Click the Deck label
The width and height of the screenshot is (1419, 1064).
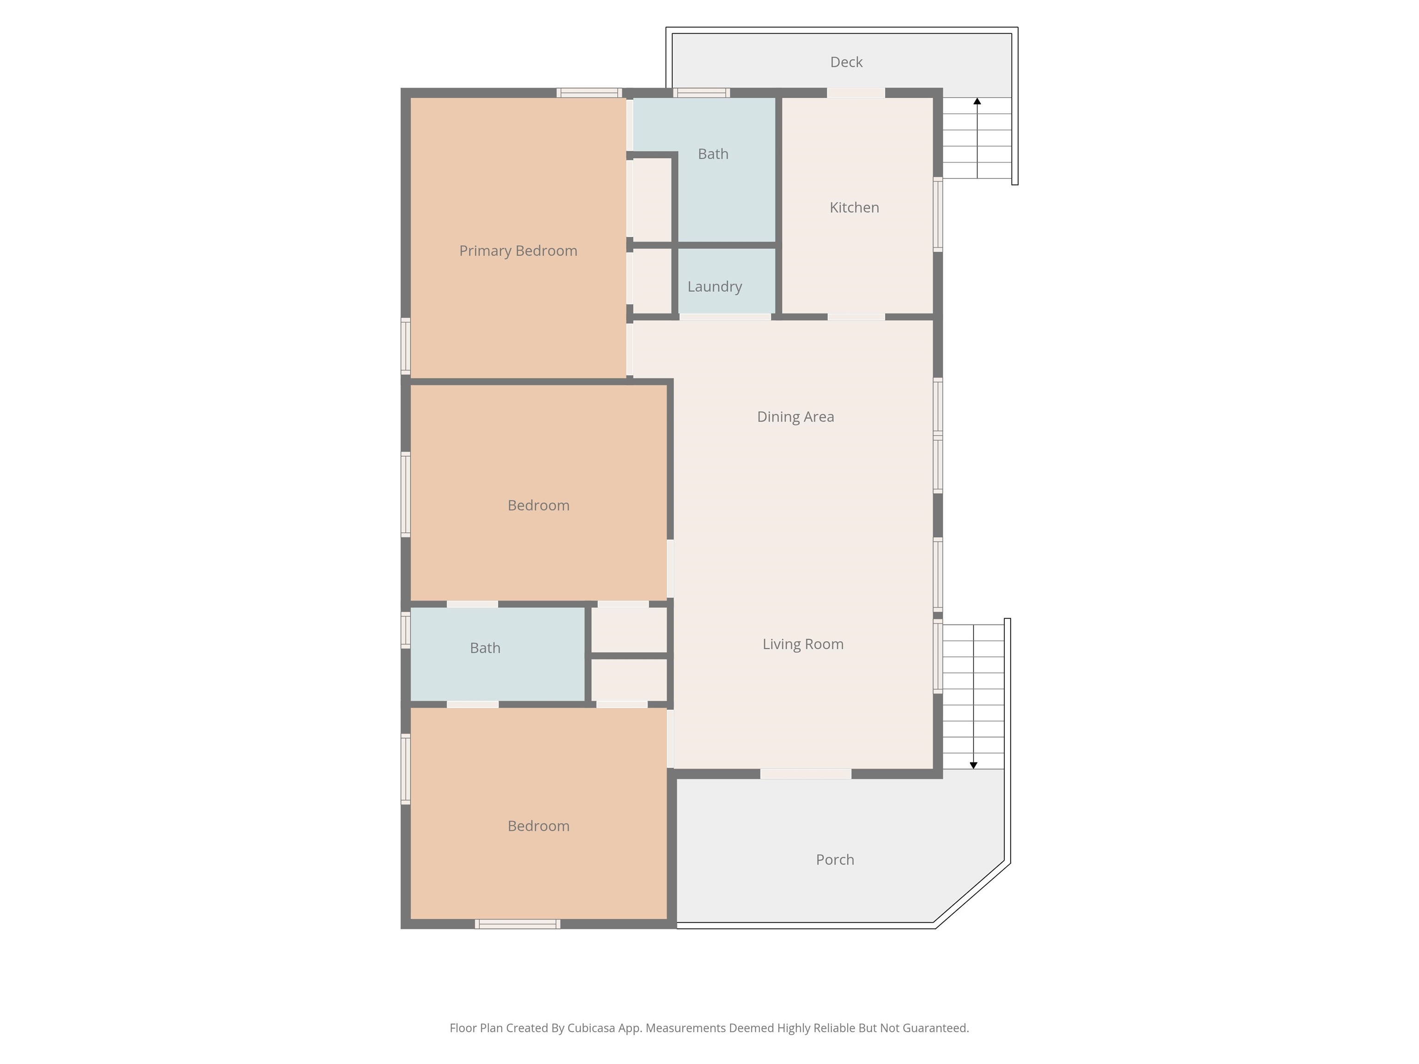point(846,62)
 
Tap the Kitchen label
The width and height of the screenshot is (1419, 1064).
point(854,207)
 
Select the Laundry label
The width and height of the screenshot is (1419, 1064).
point(715,287)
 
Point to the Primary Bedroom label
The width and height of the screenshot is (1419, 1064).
point(518,251)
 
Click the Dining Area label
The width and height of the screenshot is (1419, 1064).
point(795,417)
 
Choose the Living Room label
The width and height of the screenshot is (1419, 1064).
point(802,644)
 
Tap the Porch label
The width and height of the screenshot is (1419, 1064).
point(835,859)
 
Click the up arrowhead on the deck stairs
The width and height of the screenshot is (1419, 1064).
point(977,101)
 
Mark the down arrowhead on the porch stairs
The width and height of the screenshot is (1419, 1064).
point(973,765)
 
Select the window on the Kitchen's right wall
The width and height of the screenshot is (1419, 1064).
point(937,214)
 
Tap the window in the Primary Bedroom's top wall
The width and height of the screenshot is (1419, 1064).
point(589,93)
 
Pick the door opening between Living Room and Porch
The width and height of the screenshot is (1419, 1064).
point(806,774)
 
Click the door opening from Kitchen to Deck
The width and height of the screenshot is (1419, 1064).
point(856,93)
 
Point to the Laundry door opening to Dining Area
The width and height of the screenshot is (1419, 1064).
point(725,317)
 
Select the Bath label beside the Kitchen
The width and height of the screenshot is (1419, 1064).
point(713,154)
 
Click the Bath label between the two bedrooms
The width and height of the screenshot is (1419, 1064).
point(485,648)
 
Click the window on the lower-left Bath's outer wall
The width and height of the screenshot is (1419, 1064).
point(406,630)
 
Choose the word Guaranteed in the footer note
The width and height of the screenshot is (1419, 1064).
point(935,1028)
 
